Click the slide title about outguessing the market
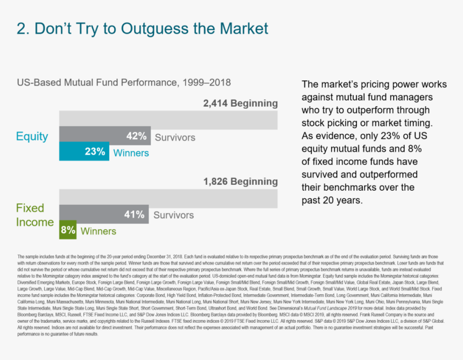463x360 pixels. coord(142,29)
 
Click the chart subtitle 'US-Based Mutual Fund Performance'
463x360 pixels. coord(124,83)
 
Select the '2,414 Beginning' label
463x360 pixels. coord(240,103)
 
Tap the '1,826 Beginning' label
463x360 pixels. coord(240,182)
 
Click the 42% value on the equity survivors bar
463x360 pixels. coord(137,136)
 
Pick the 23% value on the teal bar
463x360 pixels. coord(95,152)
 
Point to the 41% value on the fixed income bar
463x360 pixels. coord(135,215)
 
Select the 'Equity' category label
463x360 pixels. coord(32,137)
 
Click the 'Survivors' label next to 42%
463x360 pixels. coord(175,137)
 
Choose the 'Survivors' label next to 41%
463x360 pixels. coord(173,216)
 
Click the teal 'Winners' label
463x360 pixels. coord(131,153)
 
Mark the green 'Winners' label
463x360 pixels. coord(98,232)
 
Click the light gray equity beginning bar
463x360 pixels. coord(168,119)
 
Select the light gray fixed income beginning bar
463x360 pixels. coord(168,198)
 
